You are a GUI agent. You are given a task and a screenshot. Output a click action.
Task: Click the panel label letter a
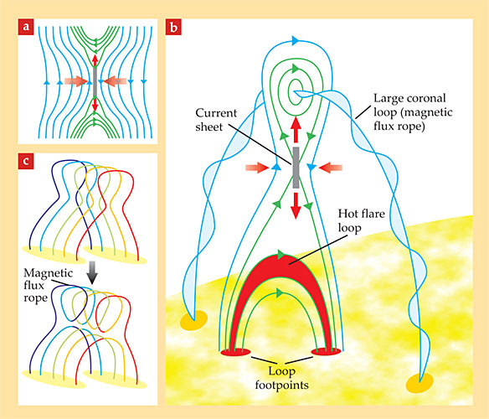click(26, 26)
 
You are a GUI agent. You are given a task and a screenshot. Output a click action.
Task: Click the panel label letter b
click(173, 27)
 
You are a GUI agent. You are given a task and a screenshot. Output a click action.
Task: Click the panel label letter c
click(26, 161)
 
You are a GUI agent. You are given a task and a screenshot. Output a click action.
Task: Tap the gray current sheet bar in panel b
click(296, 168)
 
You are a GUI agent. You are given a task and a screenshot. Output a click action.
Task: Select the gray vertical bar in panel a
click(95, 81)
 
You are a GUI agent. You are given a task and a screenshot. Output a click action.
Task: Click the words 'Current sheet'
click(216, 120)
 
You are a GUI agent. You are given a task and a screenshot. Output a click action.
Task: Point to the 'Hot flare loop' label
click(361, 220)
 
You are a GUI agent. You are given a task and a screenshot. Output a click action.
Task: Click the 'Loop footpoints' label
click(281, 378)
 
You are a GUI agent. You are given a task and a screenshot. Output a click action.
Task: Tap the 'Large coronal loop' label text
click(413, 111)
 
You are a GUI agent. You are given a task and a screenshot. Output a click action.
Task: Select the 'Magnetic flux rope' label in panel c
click(48, 286)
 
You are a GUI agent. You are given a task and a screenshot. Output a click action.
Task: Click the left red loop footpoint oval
click(235, 352)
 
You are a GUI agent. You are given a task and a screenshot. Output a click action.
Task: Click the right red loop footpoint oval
click(326, 352)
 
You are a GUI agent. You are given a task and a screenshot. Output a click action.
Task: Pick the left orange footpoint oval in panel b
click(193, 320)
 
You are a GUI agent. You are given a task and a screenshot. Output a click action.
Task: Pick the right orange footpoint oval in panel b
click(420, 383)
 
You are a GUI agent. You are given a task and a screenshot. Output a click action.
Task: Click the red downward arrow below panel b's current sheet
click(296, 205)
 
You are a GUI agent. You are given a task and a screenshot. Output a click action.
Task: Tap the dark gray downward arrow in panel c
click(92, 272)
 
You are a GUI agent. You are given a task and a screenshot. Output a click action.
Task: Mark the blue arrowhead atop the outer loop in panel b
click(296, 40)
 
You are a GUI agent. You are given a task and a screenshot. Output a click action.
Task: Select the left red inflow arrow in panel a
click(76, 81)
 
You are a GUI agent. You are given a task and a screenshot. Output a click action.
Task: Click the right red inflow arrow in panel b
click(331, 168)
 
